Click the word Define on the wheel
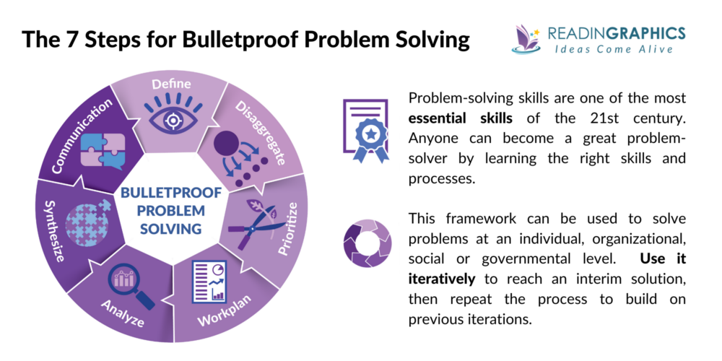point(171,84)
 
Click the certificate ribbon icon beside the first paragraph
point(365,130)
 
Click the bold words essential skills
point(452,116)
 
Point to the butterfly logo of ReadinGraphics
point(526,38)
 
